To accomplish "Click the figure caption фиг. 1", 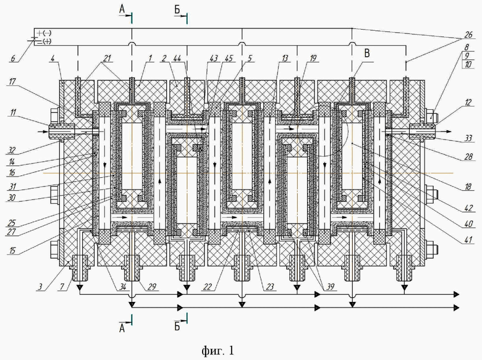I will [218, 351].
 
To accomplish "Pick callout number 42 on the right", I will [469, 208].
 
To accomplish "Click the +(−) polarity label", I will [43, 32].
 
